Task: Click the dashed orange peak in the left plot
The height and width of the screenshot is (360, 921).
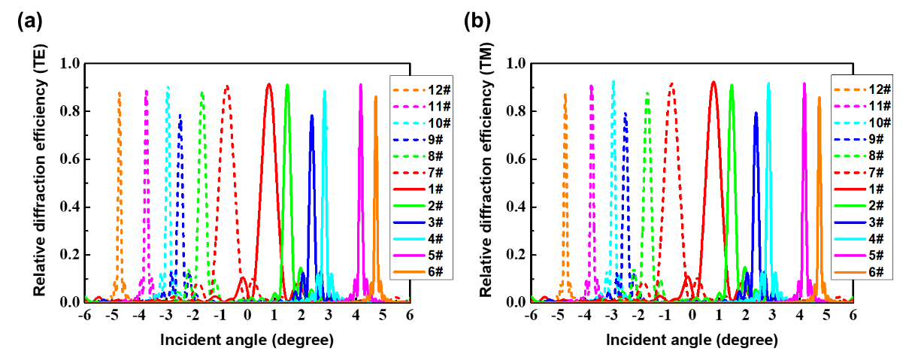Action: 119,93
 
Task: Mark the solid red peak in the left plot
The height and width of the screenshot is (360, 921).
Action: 269,84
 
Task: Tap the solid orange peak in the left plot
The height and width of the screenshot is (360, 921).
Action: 376,97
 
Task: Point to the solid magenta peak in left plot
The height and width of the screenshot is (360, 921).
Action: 361,84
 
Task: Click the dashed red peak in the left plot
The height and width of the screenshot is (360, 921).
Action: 227,86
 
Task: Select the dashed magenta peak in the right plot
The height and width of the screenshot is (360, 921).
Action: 592,86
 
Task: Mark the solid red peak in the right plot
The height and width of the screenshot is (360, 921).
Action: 713,83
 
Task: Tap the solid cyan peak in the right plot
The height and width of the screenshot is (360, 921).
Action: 768,83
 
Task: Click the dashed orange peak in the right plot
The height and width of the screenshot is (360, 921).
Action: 565,95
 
